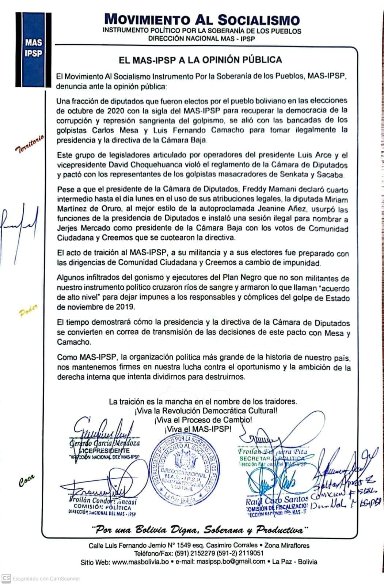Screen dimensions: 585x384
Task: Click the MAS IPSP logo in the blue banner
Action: pos(34,48)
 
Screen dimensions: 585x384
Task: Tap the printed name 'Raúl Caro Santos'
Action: pos(277,499)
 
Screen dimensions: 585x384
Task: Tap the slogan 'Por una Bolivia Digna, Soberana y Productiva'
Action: pos(199,529)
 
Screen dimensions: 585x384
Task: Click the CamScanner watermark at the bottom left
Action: pos(41,578)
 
